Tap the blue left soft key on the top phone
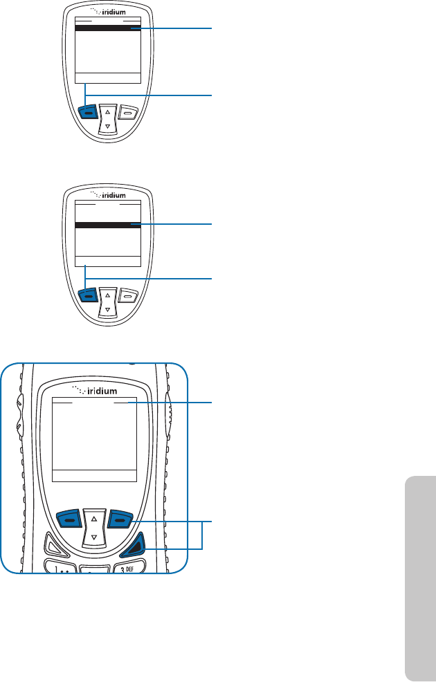pyautogui.click(x=88, y=111)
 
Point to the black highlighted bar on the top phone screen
pyautogui.click(x=107, y=28)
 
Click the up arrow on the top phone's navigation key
pyautogui.click(x=107, y=111)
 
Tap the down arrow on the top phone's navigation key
pyautogui.click(x=107, y=126)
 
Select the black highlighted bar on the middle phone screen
pyautogui.click(x=107, y=225)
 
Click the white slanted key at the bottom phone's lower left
pyautogui.click(x=57, y=545)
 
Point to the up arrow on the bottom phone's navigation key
pyautogui.click(x=94, y=516)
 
